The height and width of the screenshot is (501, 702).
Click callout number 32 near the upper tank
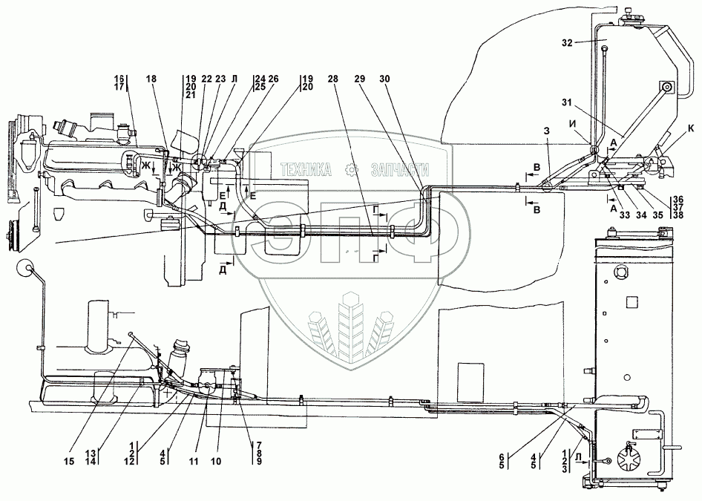coord(567,43)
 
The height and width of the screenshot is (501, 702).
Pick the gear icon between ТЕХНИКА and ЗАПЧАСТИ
coord(351,170)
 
